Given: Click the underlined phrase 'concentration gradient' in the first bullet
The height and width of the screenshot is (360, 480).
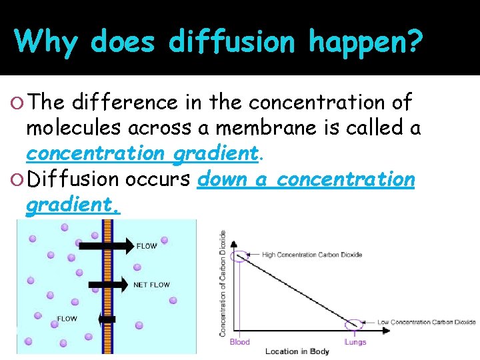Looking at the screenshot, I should point(141,153).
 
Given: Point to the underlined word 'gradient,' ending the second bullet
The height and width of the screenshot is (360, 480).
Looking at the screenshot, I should point(73,206).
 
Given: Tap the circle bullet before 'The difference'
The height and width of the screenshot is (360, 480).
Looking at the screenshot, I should point(19,103).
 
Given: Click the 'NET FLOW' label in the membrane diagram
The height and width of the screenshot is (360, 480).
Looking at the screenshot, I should point(151,285).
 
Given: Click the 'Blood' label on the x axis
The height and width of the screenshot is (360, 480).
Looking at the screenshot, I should point(239,342).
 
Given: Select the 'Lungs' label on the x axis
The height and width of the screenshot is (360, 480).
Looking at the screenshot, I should point(355,342).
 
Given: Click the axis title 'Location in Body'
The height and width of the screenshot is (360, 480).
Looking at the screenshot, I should point(297,351).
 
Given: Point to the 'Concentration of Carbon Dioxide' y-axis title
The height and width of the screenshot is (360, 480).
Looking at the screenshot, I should point(223,283).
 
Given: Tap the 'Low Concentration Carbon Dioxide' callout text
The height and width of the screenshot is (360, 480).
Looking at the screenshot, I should point(427,322).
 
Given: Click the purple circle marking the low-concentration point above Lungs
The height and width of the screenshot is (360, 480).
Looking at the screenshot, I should point(354,325).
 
